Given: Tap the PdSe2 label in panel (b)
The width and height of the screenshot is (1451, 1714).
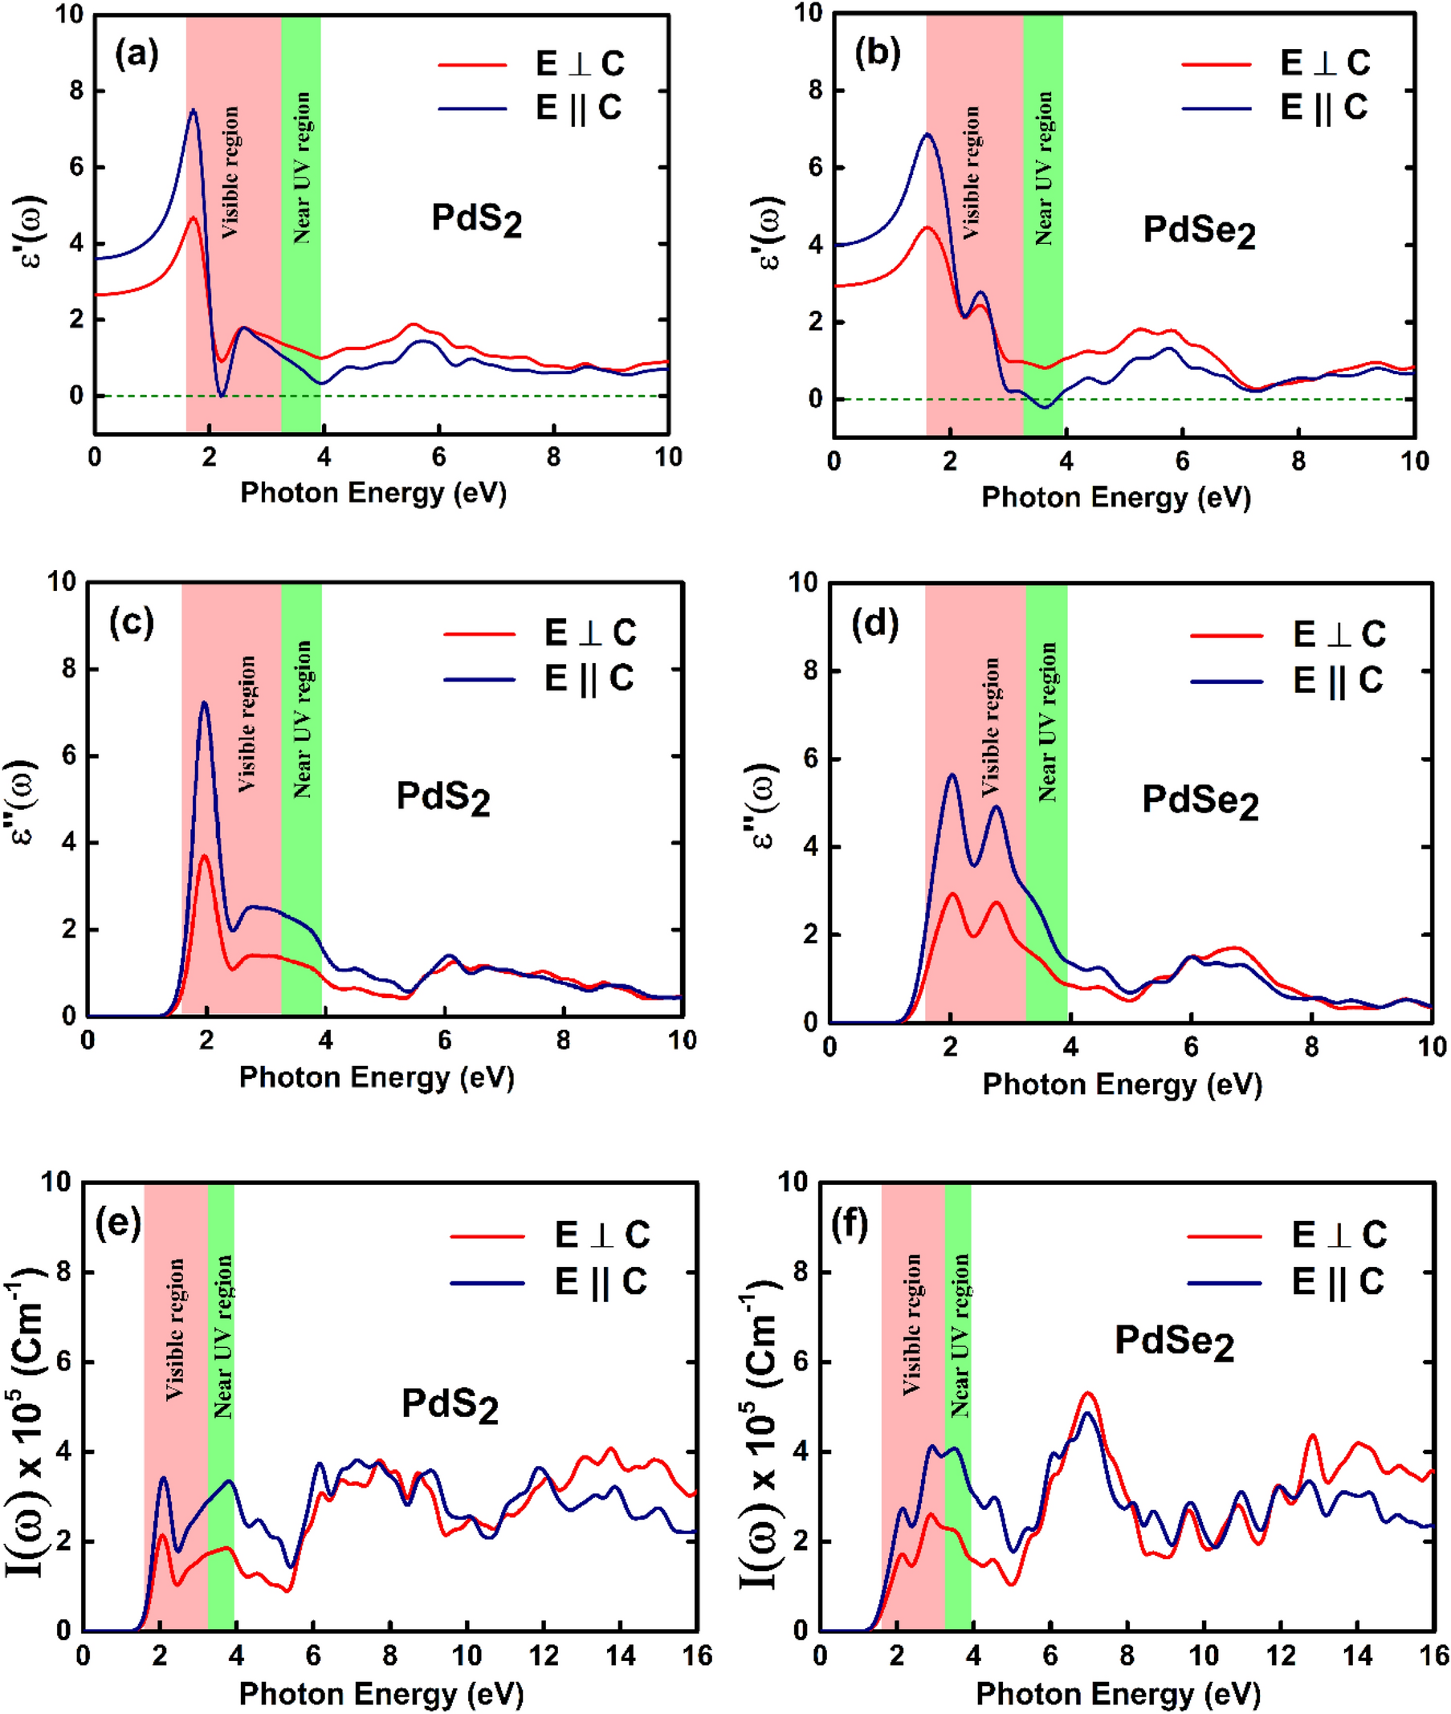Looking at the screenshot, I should (x=1199, y=231).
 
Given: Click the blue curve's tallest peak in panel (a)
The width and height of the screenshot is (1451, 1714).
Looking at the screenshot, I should (x=194, y=110).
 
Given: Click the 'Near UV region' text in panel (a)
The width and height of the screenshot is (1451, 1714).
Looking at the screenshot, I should (x=302, y=168).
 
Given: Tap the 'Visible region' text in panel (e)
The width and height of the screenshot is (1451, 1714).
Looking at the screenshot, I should (x=175, y=1330).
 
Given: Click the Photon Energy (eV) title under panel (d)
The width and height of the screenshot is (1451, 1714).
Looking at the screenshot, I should (x=1122, y=1085).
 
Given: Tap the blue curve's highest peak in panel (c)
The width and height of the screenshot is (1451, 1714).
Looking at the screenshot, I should (x=204, y=703).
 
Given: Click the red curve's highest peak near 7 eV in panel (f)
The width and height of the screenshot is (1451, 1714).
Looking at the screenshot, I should (x=1088, y=1393).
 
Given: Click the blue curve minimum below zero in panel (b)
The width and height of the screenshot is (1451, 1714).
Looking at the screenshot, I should (x=1045, y=407).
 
